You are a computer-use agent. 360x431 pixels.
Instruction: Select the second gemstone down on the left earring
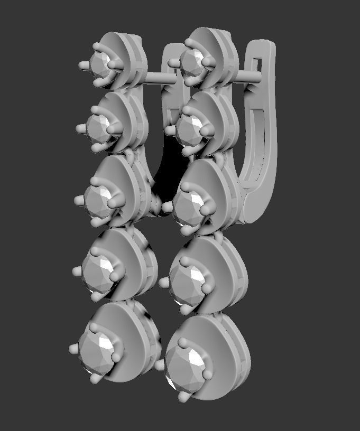pos(97,127)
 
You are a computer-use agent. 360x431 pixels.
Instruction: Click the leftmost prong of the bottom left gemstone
pos(73,349)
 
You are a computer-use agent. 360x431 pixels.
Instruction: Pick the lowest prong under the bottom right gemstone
pos(183,396)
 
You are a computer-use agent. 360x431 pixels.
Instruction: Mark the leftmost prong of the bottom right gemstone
pos(159,365)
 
